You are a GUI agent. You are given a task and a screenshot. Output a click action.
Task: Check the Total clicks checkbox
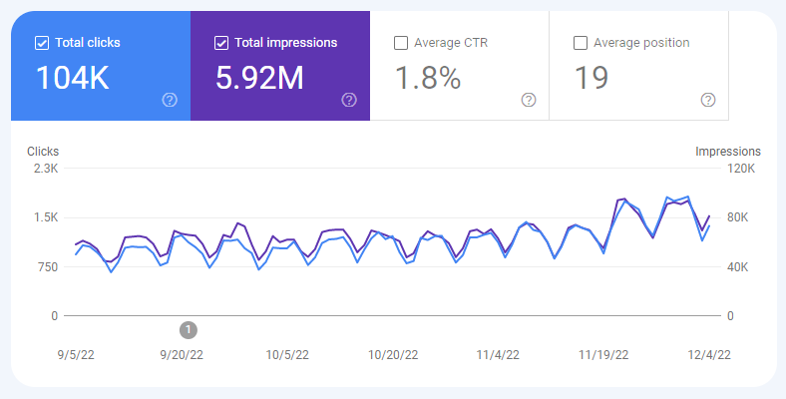pos(42,43)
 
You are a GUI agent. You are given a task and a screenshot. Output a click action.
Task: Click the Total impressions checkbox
pos(221,43)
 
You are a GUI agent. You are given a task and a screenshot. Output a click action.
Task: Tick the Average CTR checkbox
pos(401,43)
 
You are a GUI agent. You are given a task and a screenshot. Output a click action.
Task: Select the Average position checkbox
pos(581,43)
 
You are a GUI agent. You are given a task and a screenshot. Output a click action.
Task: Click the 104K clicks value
pos(73,79)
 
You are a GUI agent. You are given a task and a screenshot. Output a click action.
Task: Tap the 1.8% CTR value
pos(428,79)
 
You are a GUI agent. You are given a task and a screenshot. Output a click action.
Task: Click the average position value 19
pos(590,79)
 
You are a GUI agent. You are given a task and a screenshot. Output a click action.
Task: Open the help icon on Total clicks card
pos(170,100)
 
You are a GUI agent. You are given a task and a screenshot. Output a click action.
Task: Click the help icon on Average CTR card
pos(529,100)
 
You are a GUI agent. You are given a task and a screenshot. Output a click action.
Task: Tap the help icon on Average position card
pos(708,100)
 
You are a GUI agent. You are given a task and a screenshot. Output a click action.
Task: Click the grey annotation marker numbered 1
pos(189,329)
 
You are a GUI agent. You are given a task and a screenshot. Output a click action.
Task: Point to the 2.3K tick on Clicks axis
pos(46,169)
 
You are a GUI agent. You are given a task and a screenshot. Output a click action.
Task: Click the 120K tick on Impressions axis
pos(743,169)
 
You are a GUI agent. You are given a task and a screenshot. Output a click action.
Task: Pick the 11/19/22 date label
pos(603,354)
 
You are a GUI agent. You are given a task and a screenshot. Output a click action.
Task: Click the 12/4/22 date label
pos(710,354)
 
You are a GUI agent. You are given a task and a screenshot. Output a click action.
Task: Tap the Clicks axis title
pos(43,152)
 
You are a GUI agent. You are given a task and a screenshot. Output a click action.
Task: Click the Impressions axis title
pos(728,152)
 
